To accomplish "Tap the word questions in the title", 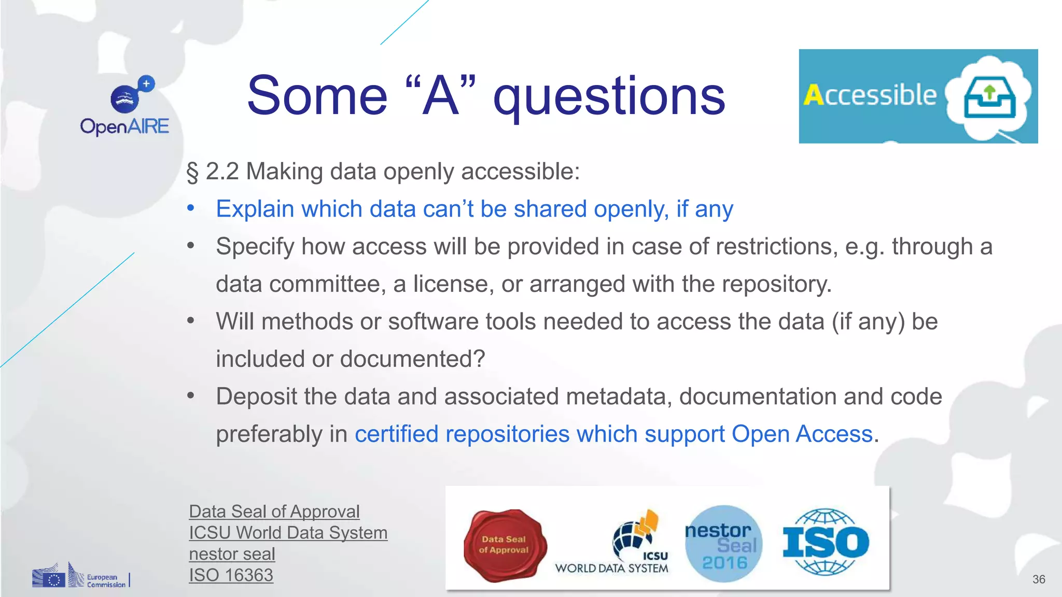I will [x=609, y=96].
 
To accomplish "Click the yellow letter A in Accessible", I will [x=814, y=95].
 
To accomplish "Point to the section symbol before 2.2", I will [x=192, y=172].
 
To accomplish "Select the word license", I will [x=451, y=284].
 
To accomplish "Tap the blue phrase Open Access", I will [x=802, y=434].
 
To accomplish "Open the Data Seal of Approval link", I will [x=274, y=511].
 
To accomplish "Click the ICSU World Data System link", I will [x=288, y=533].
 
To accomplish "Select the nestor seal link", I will [x=232, y=554].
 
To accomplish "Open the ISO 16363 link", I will [x=231, y=575].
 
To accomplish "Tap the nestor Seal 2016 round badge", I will [x=723, y=544].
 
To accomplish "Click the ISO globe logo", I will [x=825, y=542].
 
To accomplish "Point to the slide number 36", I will [x=1038, y=579].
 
